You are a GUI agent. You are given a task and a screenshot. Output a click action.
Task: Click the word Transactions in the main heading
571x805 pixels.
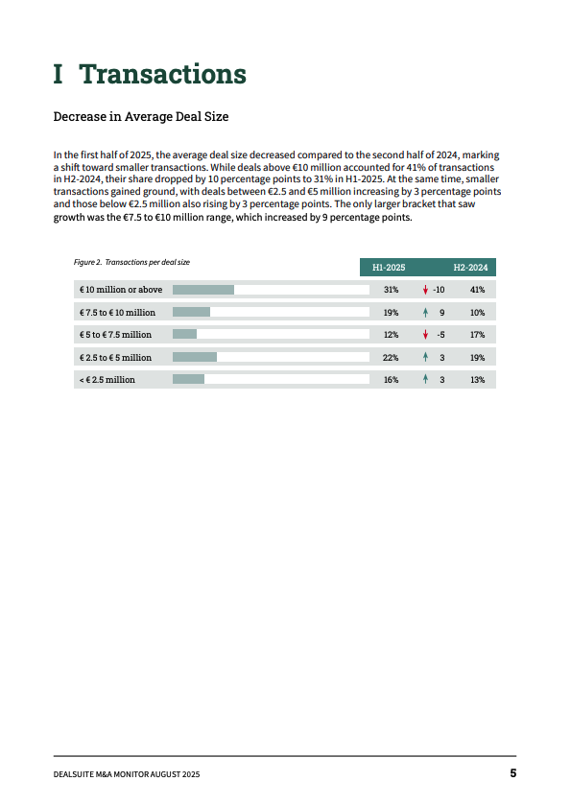pos(162,74)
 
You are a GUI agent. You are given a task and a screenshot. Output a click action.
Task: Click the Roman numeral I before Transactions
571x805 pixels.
pos(59,74)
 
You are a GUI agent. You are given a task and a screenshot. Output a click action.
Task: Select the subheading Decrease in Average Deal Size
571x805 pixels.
pos(140,117)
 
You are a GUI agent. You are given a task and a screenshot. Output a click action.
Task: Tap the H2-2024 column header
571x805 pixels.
pos(469,267)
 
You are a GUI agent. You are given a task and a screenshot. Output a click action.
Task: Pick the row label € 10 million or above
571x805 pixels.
pos(121,290)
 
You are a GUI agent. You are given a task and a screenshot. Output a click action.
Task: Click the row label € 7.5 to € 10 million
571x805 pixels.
pos(117,313)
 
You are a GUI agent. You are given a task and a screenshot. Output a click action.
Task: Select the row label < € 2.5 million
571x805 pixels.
pos(107,380)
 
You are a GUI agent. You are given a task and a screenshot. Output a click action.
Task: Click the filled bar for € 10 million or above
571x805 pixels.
pos(203,290)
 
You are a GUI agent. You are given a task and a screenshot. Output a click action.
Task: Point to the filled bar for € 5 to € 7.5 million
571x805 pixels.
pos(184,335)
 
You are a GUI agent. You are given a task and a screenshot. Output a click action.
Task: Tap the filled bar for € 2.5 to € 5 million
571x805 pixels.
pos(195,358)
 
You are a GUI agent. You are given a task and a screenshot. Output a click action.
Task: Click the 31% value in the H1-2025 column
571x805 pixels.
pos(391,290)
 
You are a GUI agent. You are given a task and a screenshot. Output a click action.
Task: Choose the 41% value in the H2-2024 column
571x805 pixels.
pos(477,290)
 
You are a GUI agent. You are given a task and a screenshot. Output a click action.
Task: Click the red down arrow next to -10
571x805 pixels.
pos(425,290)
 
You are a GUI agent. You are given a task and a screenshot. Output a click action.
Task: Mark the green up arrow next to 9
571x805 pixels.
pos(425,313)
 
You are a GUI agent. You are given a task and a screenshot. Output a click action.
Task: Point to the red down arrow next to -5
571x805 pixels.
pos(425,335)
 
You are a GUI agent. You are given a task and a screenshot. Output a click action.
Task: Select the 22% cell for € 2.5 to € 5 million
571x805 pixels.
pos(391,358)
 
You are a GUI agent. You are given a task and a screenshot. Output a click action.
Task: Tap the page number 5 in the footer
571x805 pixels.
pos(513,773)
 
